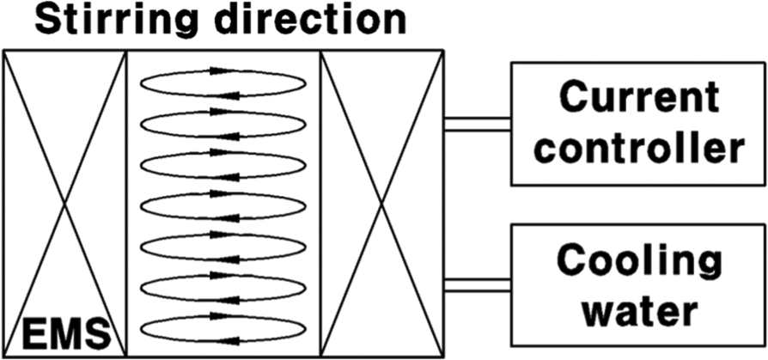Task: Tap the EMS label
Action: pyautogui.click(x=66, y=333)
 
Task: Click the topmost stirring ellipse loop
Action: pyautogui.click(x=222, y=71)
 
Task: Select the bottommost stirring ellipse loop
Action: pyautogui.click(x=222, y=316)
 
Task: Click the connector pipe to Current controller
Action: pyautogui.click(x=478, y=125)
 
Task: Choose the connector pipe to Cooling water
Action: pyautogui.click(x=478, y=285)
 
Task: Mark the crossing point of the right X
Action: pyautogui.click(x=382, y=203)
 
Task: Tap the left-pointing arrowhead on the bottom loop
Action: pyautogui.click(x=230, y=340)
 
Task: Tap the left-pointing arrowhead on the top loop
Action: pyautogui.click(x=230, y=95)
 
